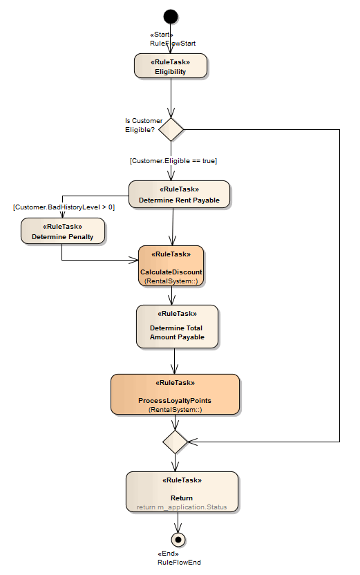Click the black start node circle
click(171, 17)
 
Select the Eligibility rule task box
click(170, 66)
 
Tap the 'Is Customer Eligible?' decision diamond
click(171, 129)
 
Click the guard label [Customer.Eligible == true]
click(173, 160)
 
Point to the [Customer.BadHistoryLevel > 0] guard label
click(64, 207)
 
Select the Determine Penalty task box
click(62, 231)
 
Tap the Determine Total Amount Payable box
click(177, 326)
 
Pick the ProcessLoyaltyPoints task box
click(175, 394)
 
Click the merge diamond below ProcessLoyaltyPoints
click(175, 440)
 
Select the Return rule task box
click(182, 491)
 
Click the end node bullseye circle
click(179, 539)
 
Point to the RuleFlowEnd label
click(179, 563)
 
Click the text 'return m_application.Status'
click(182, 507)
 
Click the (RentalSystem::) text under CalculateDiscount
click(171, 281)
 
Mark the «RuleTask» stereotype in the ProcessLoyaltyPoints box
click(175, 382)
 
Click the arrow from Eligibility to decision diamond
click(171, 97)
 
